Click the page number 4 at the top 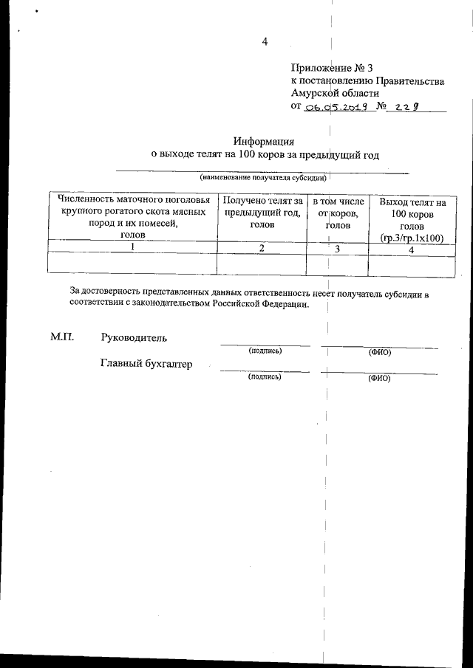tap(264, 41)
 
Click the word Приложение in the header tap(320, 68)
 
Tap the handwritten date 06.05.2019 tap(335, 107)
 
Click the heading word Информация tap(264, 141)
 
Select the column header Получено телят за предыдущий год tap(262, 212)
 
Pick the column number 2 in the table tap(262, 248)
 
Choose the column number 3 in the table tap(337, 249)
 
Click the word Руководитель tap(134, 338)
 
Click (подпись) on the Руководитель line tap(265, 351)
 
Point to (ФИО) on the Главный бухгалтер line tap(378, 378)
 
